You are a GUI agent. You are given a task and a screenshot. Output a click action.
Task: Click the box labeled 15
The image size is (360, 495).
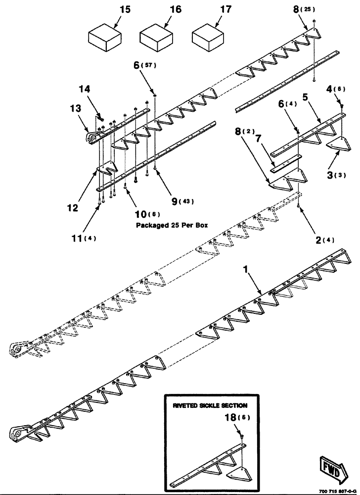tap(105, 39)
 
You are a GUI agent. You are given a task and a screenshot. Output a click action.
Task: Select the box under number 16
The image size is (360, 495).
tap(157, 39)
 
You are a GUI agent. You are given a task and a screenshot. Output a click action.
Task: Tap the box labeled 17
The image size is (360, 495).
tap(208, 39)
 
